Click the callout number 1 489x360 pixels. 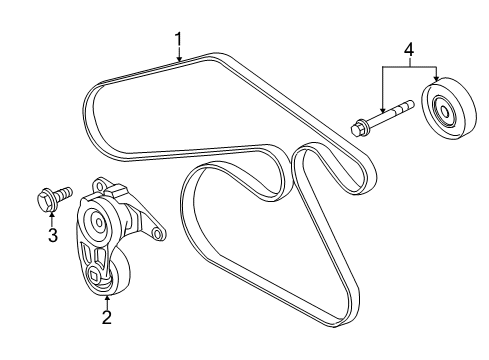pyautogui.click(x=178, y=40)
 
